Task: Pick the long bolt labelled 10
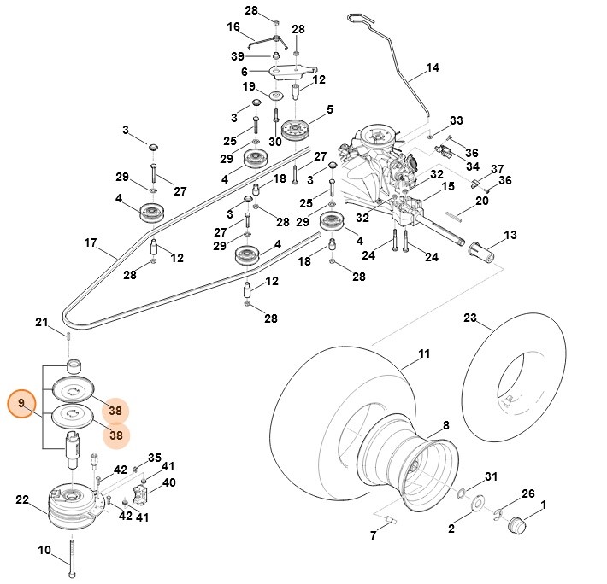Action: (73, 555)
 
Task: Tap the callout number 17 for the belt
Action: (91, 242)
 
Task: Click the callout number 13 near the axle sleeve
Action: (510, 234)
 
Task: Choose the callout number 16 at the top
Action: (233, 27)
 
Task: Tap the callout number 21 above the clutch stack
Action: (41, 322)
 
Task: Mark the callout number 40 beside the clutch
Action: (168, 482)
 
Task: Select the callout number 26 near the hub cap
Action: (527, 494)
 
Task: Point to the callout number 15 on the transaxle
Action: (447, 186)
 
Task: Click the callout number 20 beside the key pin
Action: (482, 201)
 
